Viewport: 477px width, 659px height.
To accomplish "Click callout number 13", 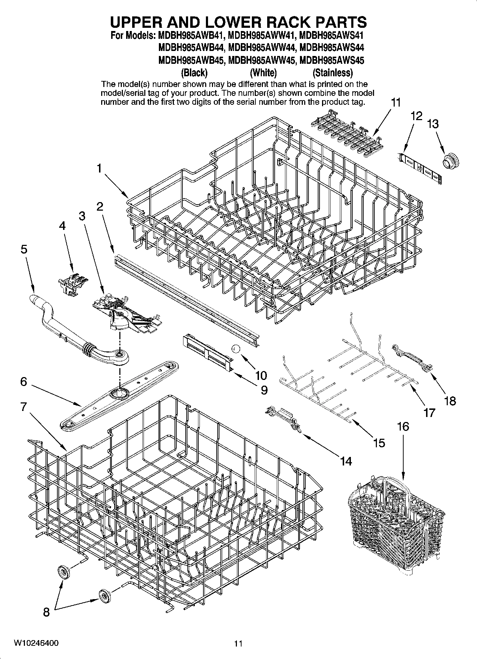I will coord(433,124).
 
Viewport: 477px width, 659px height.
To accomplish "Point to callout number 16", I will coord(403,426).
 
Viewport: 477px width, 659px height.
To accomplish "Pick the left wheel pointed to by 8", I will coord(64,571).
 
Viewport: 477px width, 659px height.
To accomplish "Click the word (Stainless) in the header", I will coord(332,73).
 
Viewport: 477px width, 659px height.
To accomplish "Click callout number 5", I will coord(24,249).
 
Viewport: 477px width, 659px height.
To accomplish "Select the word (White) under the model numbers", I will coord(263,73).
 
